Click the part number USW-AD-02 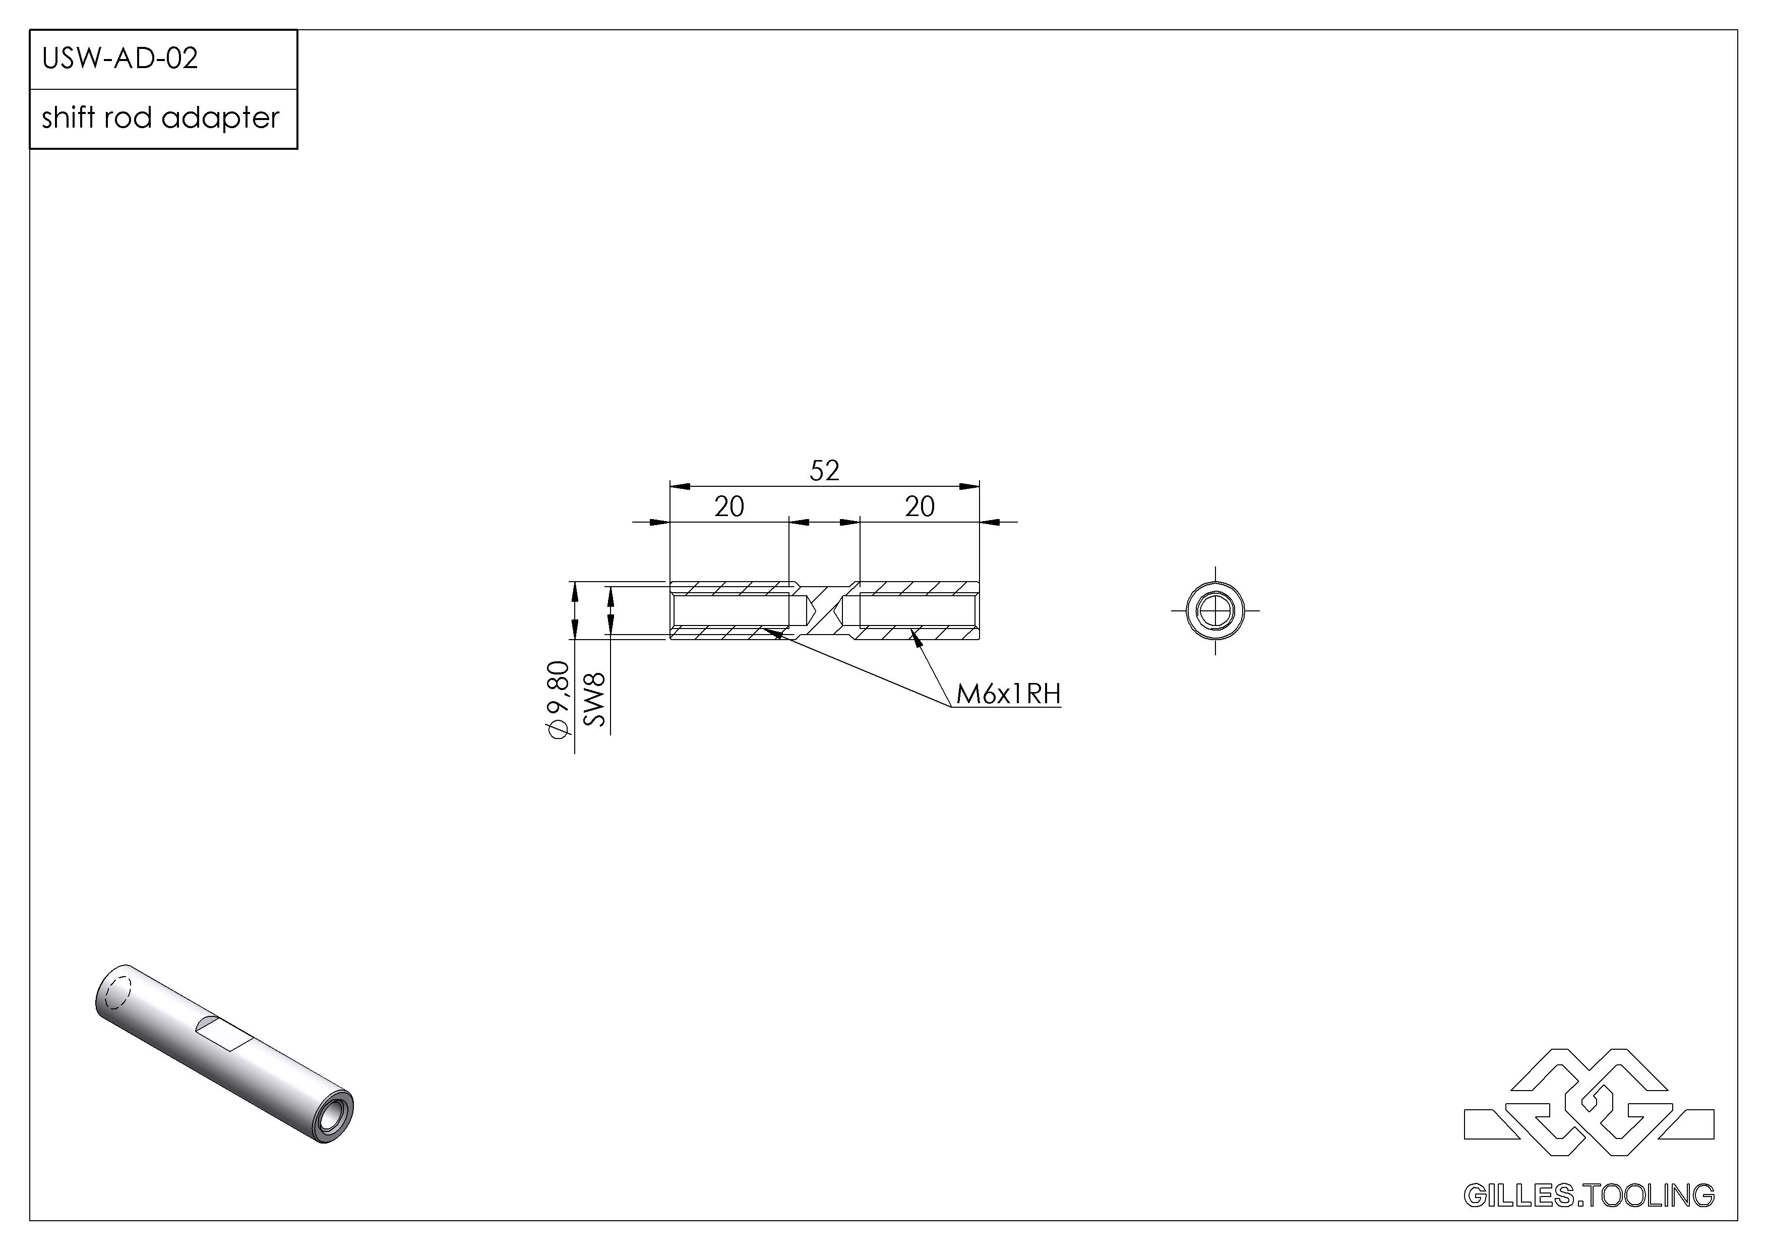[120, 59]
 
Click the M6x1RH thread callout [1008, 694]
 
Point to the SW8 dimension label [595, 700]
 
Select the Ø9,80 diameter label [558, 700]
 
